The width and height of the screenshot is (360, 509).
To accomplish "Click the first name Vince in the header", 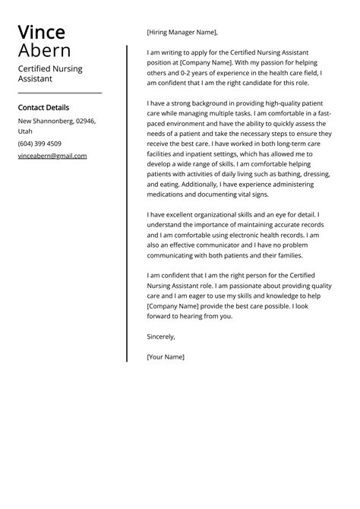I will (42, 32).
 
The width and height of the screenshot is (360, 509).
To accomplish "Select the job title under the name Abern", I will (50, 74).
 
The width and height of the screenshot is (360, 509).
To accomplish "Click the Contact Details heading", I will (43, 108).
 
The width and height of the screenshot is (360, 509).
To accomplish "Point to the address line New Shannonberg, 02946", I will (57, 122).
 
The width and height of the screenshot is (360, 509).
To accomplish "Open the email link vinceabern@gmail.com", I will (52, 156).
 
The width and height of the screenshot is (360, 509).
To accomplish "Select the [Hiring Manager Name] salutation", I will (182, 33).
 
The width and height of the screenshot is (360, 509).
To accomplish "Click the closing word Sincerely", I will (161, 336).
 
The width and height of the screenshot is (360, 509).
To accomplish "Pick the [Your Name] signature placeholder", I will (166, 356).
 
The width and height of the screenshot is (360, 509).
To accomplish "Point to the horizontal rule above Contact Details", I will (60, 93).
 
